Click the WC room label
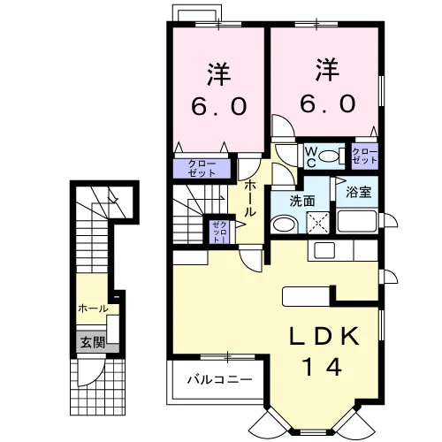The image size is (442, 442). pyautogui.click(x=311, y=157)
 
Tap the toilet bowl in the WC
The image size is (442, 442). pyautogui.click(x=330, y=156)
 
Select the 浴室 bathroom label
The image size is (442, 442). pyautogui.click(x=358, y=192)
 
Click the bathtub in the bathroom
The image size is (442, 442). pyautogui.click(x=357, y=221)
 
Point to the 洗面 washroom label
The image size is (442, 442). pyautogui.click(x=302, y=201)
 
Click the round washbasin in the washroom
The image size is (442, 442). pyautogui.click(x=285, y=225)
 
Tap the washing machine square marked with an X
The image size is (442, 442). pyautogui.click(x=318, y=223)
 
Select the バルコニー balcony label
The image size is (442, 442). pyautogui.click(x=220, y=379)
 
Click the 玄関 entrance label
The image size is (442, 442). pyautogui.click(x=93, y=342)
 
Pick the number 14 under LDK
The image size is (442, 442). pyautogui.click(x=322, y=366)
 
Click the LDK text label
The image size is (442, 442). pyautogui.click(x=324, y=336)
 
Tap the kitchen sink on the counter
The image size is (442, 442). pyautogui.click(x=324, y=250)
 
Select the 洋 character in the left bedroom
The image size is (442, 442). pyautogui.click(x=218, y=73)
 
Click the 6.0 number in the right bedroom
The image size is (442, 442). pyautogui.click(x=328, y=103)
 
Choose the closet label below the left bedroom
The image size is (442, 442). pyautogui.click(x=202, y=169)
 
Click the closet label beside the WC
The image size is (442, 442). pyautogui.click(x=365, y=156)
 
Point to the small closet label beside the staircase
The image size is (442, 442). pyautogui.click(x=220, y=232)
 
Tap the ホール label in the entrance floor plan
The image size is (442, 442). pyautogui.click(x=93, y=309)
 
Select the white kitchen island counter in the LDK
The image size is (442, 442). pyautogui.click(x=306, y=296)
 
